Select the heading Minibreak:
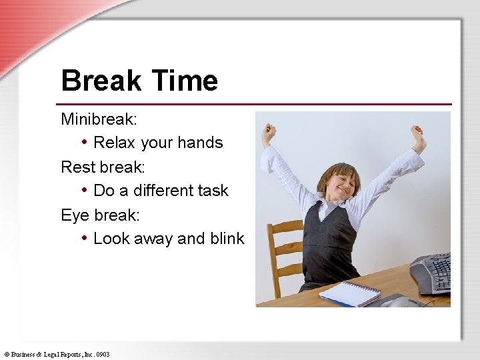pyautogui.click(x=99, y=119)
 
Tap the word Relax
pyautogui.click(x=115, y=143)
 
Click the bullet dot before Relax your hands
pyautogui.click(x=85, y=142)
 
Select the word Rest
pyautogui.click(x=75, y=167)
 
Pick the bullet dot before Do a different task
pyautogui.click(x=85, y=190)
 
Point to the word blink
pyautogui.click(x=227, y=239)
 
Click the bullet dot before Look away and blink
pyautogui.click(x=85, y=238)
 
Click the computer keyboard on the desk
pyautogui.click(x=431, y=273)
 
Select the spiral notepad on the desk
pyautogui.click(x=349, y=294)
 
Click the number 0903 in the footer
pyautogui.click(x=103, y=355)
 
